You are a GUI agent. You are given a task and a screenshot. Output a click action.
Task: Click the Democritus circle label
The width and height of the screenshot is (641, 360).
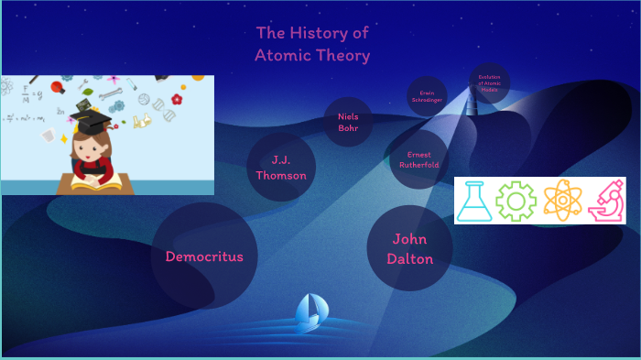204,256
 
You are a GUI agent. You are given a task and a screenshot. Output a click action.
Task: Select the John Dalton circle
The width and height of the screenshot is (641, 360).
409,248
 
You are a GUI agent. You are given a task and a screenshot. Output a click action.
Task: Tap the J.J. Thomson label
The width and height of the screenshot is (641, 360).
281,168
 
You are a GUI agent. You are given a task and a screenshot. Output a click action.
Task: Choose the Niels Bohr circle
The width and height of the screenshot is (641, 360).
348,122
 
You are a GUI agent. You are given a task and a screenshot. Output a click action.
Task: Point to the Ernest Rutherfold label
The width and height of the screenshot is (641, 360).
418,160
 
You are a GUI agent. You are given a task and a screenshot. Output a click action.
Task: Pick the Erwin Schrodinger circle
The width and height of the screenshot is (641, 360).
426,96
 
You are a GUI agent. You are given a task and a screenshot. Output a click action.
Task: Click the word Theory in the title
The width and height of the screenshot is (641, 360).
347,56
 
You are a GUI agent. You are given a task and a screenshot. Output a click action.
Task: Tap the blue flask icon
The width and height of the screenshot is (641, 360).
474,201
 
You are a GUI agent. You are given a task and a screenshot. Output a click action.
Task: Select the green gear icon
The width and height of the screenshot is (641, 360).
516,201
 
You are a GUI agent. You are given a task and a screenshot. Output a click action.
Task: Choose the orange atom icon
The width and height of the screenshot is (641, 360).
560,201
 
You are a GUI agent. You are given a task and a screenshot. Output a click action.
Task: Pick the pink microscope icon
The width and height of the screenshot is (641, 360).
605,201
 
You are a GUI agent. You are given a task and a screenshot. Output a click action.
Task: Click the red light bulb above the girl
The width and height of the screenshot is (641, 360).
57,87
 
